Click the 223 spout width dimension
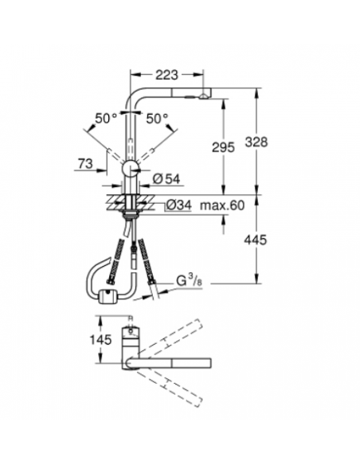pos(166,75)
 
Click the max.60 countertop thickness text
pos(222,206)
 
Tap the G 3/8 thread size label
pos(190,280)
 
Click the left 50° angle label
pos(105,118)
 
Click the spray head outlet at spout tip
pos(205,96)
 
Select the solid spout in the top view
pos(179,365)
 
